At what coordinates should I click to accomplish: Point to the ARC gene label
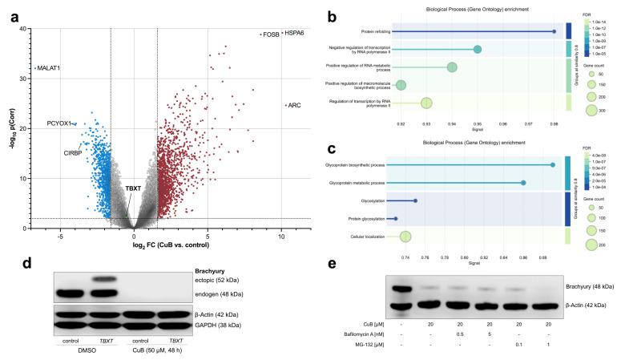[295, 105]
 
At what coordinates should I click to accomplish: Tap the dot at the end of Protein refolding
[554, 31]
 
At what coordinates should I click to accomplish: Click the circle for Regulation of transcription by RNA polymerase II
[426, 103]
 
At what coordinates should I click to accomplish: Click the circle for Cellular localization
[405, 236]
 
